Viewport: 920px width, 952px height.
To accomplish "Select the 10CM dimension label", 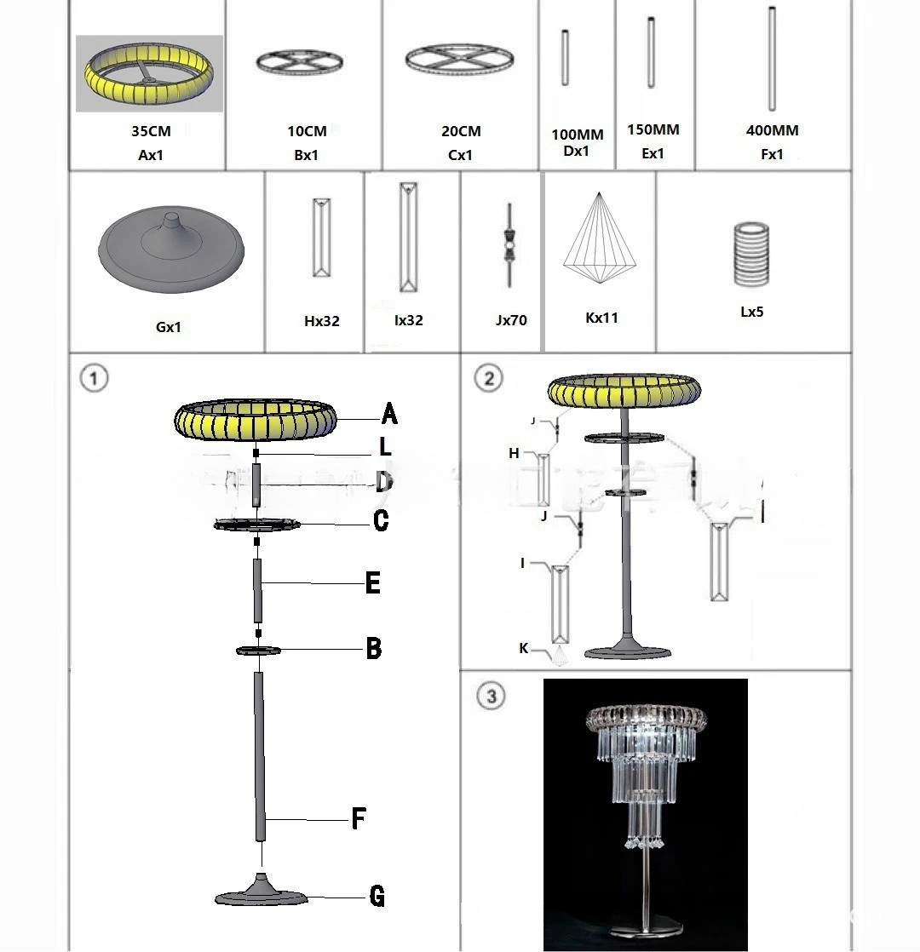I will point(307,131).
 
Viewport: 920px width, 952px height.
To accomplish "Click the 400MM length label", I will point(772,130).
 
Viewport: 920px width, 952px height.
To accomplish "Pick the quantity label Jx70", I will point(511,320).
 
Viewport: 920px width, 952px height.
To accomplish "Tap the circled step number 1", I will point(94,377).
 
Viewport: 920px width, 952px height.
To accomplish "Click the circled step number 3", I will point(491,696).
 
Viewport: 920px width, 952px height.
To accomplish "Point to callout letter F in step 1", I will point(359,820).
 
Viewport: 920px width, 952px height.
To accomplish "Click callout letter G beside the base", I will point(377,897).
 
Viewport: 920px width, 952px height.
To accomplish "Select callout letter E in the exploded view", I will point(372,583).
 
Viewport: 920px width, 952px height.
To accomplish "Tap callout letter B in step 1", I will point(373,649).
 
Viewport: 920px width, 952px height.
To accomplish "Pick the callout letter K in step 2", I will point(523,649).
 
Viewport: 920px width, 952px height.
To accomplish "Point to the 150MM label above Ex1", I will point(653,129).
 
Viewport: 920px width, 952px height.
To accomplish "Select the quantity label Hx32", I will point(322,321).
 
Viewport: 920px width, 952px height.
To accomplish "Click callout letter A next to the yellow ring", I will point(389,415).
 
